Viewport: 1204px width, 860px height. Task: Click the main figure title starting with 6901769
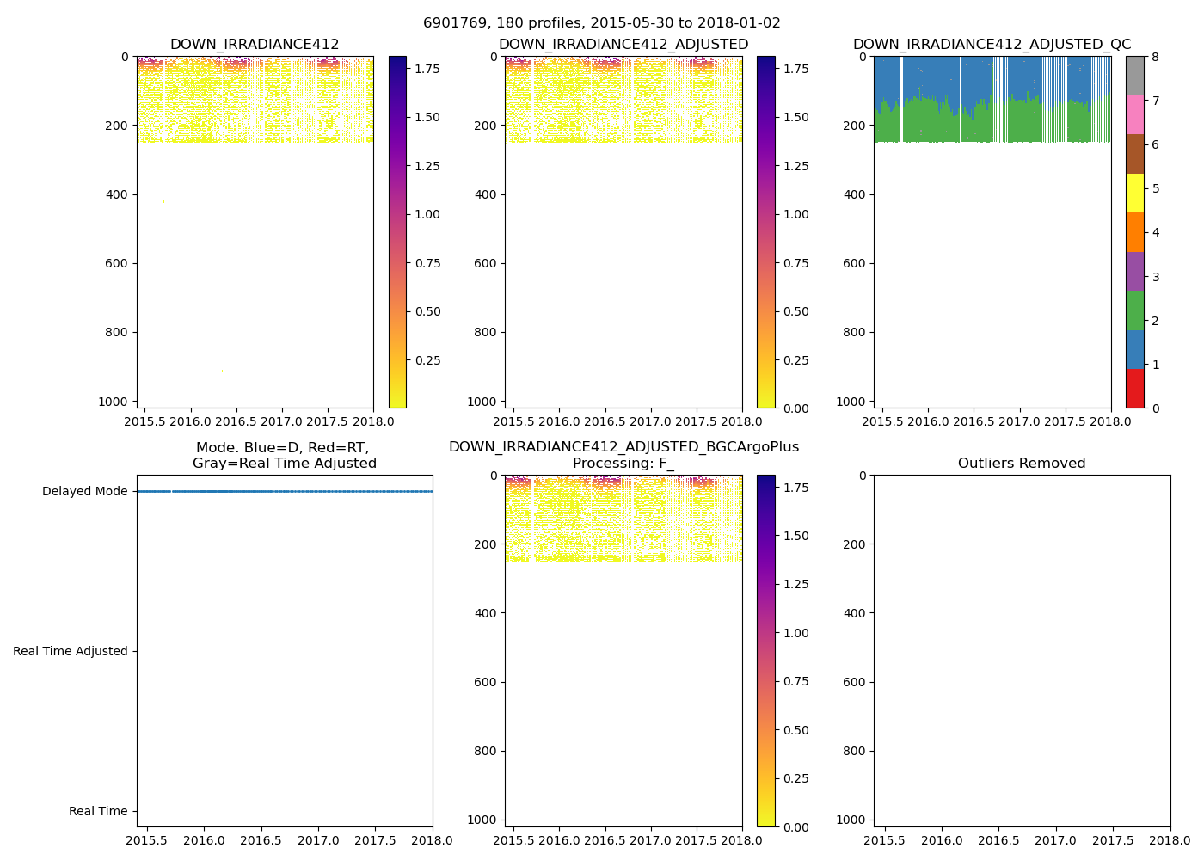[x=601, y=23]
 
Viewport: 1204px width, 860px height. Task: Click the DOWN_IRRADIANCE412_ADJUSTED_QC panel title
[x=992, y=45]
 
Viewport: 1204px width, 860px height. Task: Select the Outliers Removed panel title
[x=1022, y=464]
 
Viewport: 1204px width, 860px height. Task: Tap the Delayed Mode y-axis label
[x=84, y=492]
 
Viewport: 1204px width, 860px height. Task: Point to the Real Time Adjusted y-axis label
[x=71, y=652]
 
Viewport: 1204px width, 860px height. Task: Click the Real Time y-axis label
[x=98, y=812]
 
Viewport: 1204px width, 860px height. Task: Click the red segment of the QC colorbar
[x=1135, y=389]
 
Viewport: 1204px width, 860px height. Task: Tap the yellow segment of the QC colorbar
[x=1135, y=193]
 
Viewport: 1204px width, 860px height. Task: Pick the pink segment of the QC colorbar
[x=1135, y=115]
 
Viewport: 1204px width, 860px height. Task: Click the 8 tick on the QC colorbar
[x=1155, y=58]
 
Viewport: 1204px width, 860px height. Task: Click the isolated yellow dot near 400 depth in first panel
[x=163, y=201]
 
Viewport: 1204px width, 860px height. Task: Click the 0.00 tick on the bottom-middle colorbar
[x=797, y=827]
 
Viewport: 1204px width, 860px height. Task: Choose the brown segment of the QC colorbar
[x=1135, y=154]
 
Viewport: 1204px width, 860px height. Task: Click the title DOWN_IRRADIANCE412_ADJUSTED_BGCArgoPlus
[x=623, y=447]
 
